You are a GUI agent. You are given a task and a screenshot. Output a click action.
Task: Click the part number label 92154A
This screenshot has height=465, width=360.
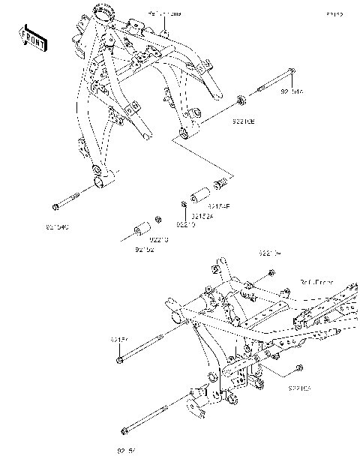[x=292, y=92]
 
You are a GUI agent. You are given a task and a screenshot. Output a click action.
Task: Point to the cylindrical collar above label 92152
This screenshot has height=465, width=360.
[x=139, y=226]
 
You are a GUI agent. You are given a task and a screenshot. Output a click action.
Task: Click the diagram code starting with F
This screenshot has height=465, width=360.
[x=334, y=14]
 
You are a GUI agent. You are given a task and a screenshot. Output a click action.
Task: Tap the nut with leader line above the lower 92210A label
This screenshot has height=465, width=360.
[x=299, y=368]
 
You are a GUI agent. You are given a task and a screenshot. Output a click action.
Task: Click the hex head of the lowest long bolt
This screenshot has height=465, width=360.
[x=124, y=430]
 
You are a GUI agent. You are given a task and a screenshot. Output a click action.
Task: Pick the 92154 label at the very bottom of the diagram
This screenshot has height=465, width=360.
[x=127, y=451]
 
